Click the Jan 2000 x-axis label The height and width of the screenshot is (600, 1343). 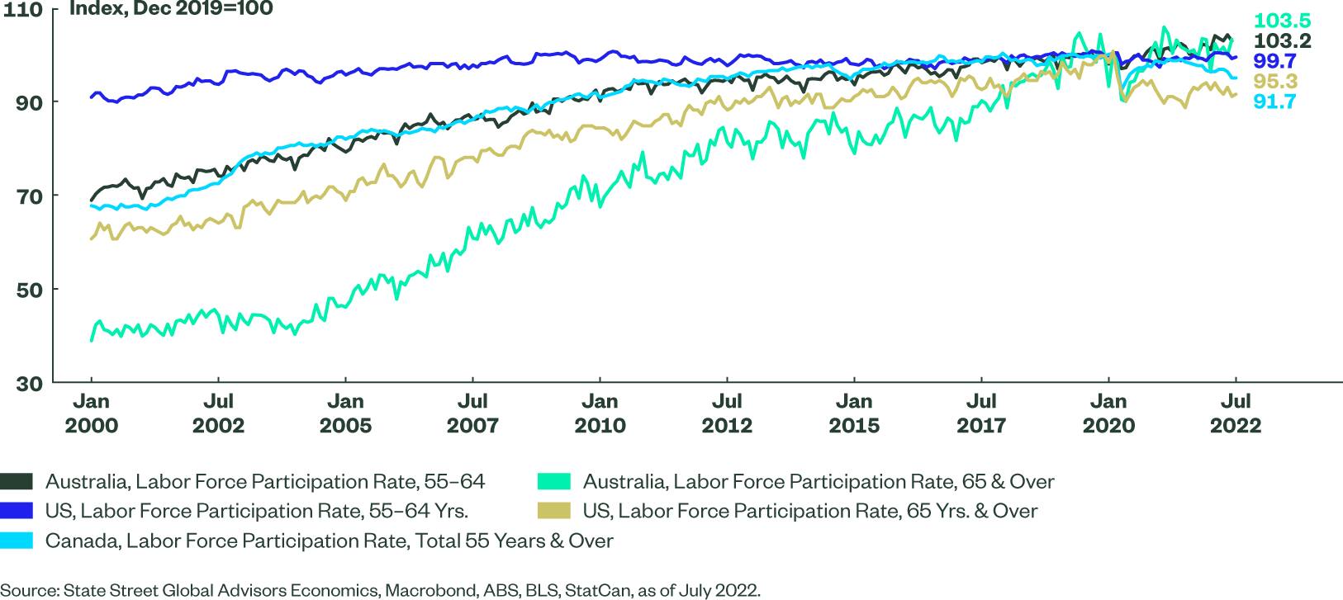coord(91,413)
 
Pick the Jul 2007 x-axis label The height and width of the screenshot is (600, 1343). coord(472,413)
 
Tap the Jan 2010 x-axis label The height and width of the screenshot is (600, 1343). coord(600,413)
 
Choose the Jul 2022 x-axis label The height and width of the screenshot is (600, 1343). coord(1236,413)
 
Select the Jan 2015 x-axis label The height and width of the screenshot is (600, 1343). coord(854,413)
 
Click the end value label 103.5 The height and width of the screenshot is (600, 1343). coord(1282,21)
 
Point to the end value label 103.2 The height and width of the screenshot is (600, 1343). coord(1282,41)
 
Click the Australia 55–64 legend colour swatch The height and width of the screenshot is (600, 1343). coord(17,481)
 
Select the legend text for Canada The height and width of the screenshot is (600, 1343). coord(330,541)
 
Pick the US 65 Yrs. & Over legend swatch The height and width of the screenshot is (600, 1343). coord(553,511)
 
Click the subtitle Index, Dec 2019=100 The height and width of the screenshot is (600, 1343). coord(170,9)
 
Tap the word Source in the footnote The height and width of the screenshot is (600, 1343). coord(27,590)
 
